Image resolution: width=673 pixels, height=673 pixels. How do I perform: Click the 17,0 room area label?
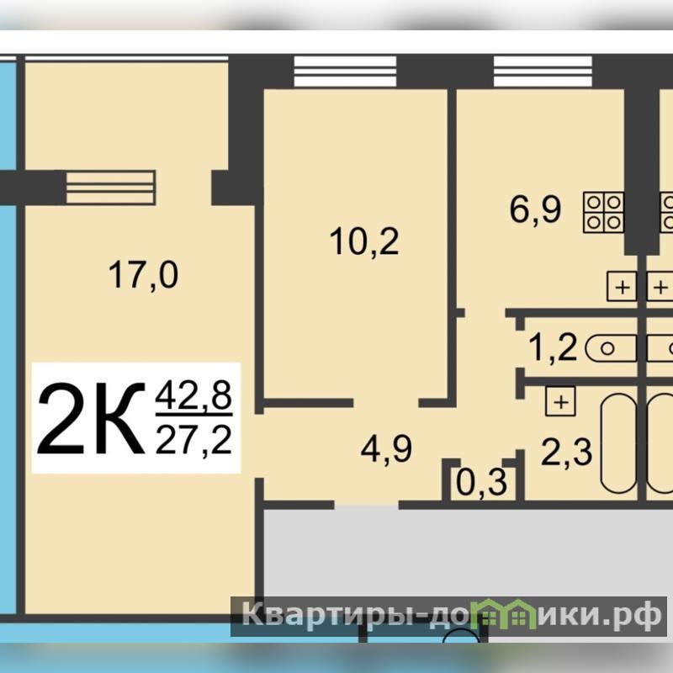click(x=143, y=276)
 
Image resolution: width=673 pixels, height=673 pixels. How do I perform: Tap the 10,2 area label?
click(x=364, y=241)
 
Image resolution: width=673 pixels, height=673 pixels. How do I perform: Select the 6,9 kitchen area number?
click(x=535, y=209)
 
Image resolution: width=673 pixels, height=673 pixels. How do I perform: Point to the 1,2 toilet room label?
click(x=553, y=347)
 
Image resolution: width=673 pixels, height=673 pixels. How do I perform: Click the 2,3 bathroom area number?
click(x=566, y=453)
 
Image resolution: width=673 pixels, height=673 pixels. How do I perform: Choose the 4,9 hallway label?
click(x=386, y=449)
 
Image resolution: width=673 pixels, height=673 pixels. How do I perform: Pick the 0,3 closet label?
click(x=481, y=483)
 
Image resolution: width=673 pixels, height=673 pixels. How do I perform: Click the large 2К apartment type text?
click(x=91, y=419)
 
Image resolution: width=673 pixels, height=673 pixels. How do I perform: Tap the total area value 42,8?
click(x=193, y=395)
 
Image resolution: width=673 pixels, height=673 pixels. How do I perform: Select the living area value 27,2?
click(x=193, y=441)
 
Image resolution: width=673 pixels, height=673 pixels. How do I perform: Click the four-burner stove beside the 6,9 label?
click(x=603, y=213)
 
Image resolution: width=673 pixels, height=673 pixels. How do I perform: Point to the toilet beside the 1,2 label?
click(x=611, y=348)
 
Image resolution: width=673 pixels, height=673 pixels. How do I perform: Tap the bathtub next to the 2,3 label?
click(x=618, y=443)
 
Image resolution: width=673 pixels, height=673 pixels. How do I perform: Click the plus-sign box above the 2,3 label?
click(x=560, y=402)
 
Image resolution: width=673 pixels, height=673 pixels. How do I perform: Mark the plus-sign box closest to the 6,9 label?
click(x=622, y=286)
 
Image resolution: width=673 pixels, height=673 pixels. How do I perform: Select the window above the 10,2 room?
click(x=345, y=72)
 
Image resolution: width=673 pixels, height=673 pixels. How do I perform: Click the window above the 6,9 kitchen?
click(x=543, y=72)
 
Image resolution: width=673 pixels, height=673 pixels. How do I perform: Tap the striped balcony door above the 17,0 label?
click(x=111, y=187)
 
